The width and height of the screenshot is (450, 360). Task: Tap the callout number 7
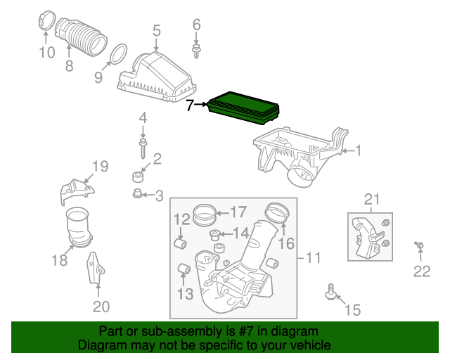(x=190, y=105)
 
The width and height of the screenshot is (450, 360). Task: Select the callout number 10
(x=46, y=52)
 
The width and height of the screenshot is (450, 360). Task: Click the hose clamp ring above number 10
(x=46, y=22)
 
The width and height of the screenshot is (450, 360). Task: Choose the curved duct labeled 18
(x=80, y=228)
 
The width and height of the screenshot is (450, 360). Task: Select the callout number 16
(x=285, y=244)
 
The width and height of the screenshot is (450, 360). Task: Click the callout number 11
(x=313, y=258)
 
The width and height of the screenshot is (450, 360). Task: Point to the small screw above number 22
(x=420, y=245)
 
